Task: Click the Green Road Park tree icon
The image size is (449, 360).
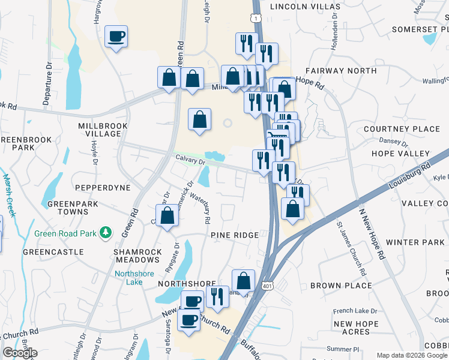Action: pyautogui.click(x=106, y=232)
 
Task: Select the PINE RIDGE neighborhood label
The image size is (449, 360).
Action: pyautogui.click(x=235, y=235)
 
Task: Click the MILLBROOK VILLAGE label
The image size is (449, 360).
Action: pyautogui.click(x=100, y=130)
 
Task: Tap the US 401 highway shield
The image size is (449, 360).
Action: pyautogui.click(x=267, y=286)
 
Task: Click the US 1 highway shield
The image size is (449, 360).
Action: pyautogui.click(x=256, y=19)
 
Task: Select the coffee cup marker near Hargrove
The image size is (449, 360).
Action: pyautogui.click(x=116, y=37)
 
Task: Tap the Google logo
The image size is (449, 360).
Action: pyautogui.click(x=20, y=353)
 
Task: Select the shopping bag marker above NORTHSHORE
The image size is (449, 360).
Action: pyautogui.click(x=243, y=280)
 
